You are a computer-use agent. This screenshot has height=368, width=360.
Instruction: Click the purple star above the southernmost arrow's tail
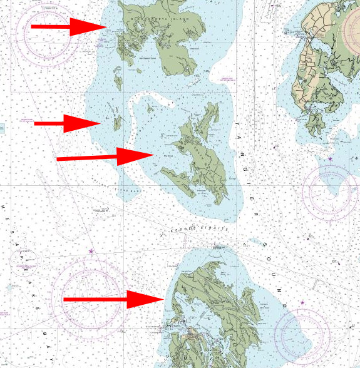point(91,252)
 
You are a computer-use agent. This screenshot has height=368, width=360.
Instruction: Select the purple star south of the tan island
point(330,160)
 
